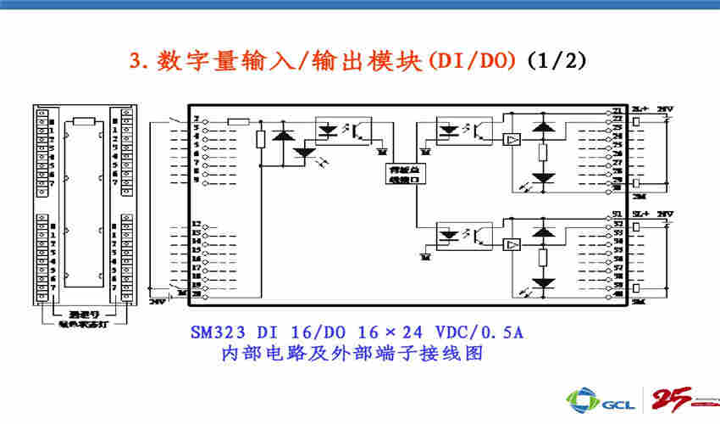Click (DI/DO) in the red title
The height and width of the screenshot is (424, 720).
click(475, 60)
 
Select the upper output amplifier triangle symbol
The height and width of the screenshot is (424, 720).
click(511, 139)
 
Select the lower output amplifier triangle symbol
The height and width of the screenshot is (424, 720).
click(511, 244)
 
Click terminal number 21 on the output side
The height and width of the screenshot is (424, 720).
click(617, 111)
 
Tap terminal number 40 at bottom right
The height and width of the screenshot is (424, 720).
click(617, 293)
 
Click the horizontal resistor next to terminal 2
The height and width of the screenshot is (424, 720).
click(239, 121)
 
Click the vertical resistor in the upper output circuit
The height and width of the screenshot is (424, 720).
click(543, 153)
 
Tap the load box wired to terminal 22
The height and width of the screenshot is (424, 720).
click(637, 120)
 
